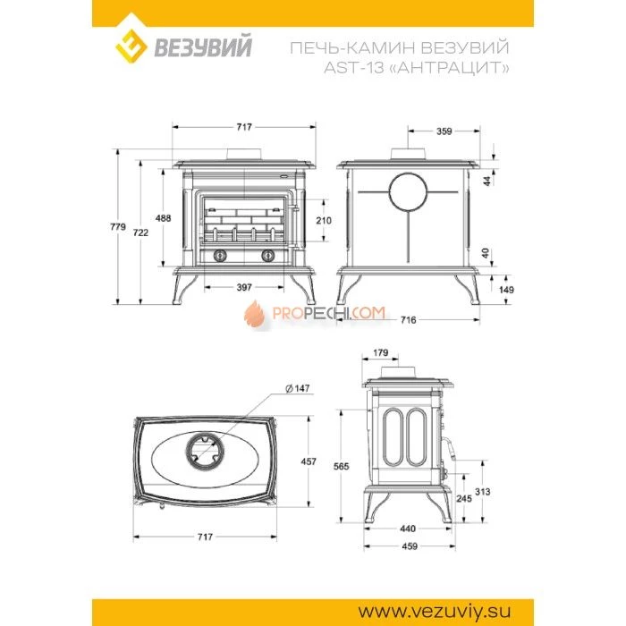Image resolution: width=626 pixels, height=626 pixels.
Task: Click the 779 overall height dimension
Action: [118, 227]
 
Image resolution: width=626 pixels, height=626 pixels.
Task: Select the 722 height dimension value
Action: [140, 233]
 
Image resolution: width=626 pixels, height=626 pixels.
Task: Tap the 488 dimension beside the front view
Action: [163, 218]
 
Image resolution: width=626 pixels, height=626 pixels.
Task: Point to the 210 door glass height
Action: [324, 220]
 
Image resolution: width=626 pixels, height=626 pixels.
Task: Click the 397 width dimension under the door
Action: [244, 287]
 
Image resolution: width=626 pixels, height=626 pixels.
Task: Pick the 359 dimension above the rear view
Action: [444, 131]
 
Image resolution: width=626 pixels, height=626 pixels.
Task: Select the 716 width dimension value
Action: [408, 319]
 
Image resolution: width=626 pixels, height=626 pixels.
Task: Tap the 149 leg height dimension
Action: [506, 290]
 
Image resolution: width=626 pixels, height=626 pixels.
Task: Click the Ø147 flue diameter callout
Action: [298, 388]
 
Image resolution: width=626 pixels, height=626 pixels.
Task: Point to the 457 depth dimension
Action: [309, 461]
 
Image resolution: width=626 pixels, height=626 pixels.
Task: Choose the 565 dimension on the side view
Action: [342, 466]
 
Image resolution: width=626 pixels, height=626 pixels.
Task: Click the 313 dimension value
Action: [483, 492]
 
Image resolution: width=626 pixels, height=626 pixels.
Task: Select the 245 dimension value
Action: [464, 499]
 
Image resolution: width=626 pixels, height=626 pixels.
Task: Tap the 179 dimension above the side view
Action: [380, 352]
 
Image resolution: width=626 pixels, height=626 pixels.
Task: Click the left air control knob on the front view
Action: [220, 256]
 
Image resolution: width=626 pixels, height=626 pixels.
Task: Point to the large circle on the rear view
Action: [408, 192]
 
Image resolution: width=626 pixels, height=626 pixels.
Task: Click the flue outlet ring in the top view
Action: [205, 452]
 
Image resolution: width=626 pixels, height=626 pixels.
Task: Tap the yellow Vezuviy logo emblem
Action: [131, 46]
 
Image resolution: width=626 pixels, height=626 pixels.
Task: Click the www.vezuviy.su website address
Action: [435, 611]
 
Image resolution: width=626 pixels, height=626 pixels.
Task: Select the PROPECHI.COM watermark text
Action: [328, 313]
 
